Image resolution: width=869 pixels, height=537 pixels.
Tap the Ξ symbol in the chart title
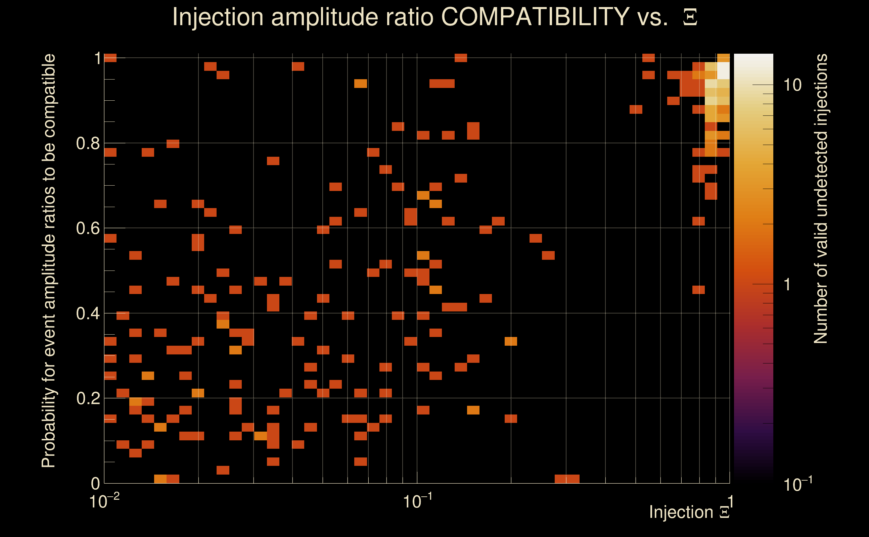690,17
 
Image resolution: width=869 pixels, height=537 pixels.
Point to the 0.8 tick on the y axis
88,144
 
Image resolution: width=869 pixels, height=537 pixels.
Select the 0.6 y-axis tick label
88,228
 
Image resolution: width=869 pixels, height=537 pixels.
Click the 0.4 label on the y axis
88,313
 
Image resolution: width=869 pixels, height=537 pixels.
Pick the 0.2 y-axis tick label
88,398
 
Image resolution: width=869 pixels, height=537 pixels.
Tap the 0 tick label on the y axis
96,483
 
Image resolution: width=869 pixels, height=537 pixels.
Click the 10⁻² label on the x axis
104,501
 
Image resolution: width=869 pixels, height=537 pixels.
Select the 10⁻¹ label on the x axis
417,501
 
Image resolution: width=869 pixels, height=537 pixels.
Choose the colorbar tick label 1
787,285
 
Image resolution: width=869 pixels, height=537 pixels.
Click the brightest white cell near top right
723,70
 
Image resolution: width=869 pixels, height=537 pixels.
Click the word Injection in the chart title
218,17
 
